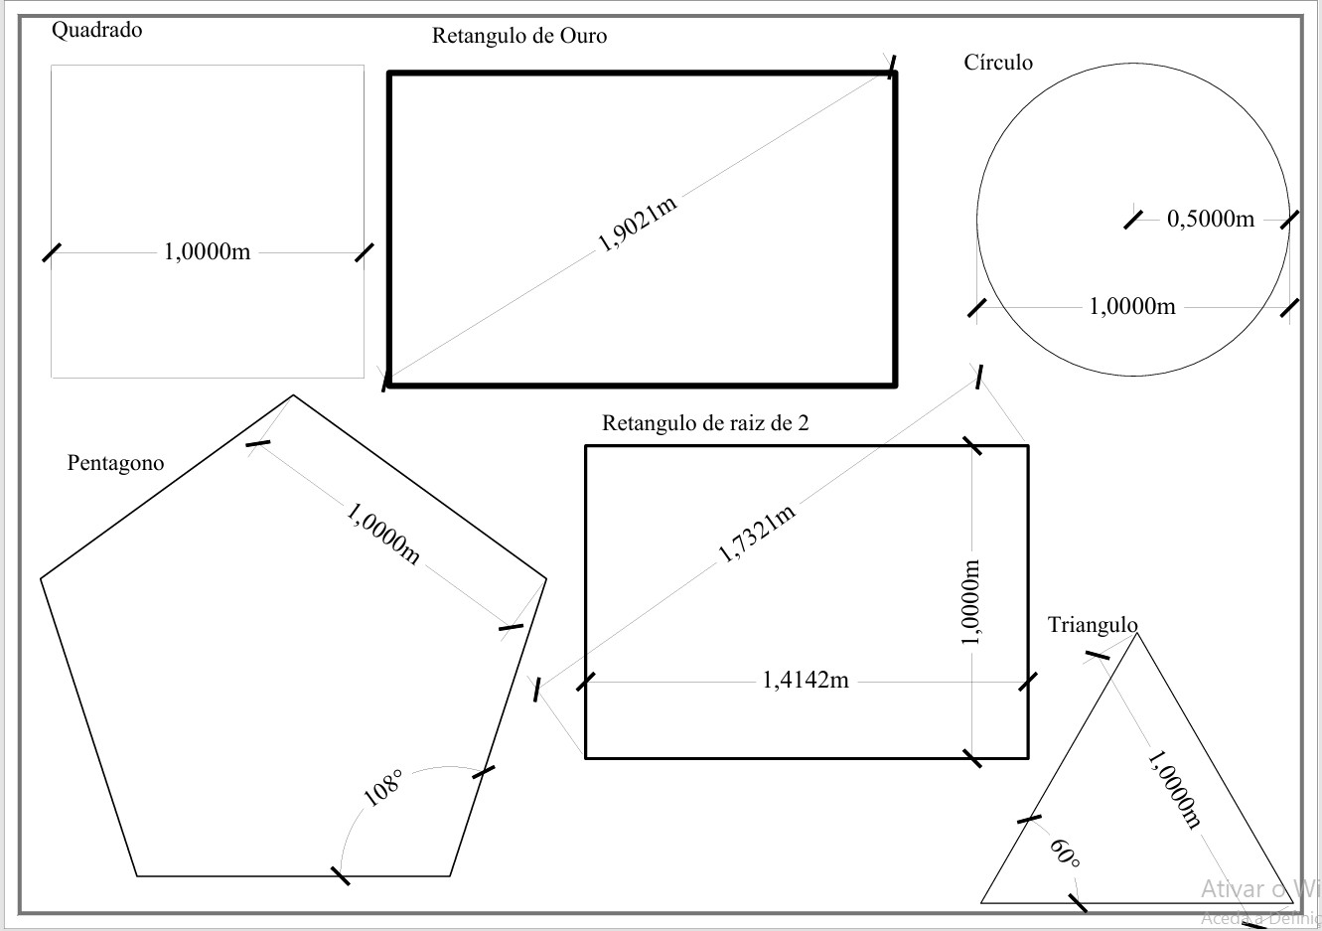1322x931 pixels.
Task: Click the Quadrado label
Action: [96, 30]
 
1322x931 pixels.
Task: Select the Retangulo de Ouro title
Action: [519, 36]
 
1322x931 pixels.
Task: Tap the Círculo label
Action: [998, 62]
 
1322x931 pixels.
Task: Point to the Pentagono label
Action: [115, 463]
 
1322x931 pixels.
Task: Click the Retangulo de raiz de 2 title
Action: [705, 422]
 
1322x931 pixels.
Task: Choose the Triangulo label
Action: [1093, 625]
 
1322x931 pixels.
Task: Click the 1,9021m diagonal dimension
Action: [638, 224]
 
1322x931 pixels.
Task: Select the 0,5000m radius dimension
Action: [1211, 219]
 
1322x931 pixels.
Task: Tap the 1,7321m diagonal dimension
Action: [757, 534]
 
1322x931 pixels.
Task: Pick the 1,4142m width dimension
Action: [806, 680]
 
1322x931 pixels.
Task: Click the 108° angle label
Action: [383, 788]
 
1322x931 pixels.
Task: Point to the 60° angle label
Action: [1065, 854]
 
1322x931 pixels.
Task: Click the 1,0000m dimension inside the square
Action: [207, 252]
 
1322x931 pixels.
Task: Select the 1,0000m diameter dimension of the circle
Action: [1132, 306]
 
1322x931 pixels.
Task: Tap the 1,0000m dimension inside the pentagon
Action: [383, 535]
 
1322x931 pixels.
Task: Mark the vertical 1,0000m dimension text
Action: [970, 601]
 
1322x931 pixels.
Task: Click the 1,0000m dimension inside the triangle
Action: [1174, 790]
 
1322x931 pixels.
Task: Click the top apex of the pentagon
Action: [293, 394]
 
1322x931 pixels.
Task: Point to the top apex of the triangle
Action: [1136, 633]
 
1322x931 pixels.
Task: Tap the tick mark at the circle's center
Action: [1132, 220]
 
